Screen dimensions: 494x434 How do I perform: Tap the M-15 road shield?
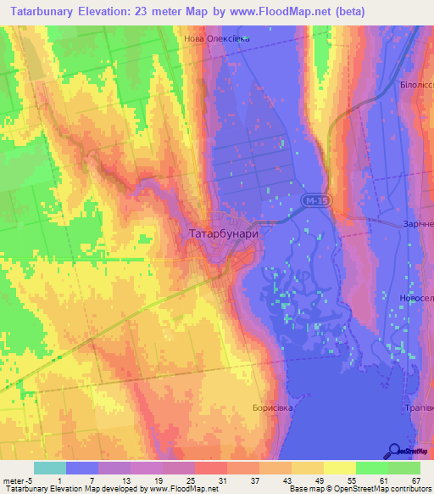311,199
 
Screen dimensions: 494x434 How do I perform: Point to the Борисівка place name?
272,407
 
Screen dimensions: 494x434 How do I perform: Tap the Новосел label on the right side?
415,297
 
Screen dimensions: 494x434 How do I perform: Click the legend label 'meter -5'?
16,480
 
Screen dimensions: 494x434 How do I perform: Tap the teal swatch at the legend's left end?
50,468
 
